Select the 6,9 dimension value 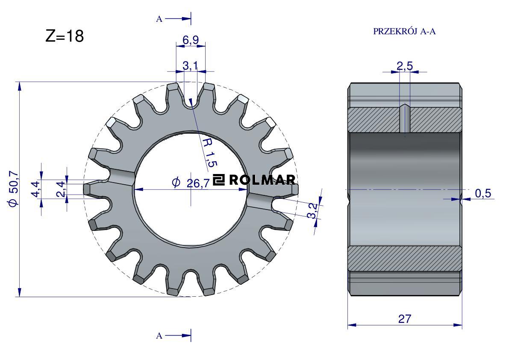(191, 40)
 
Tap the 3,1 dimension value (190, 66)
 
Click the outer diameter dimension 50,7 (14, 188)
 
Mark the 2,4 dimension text (62, 189)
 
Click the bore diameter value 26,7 (198, 183)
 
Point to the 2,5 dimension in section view (404, 66)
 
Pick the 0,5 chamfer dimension (483, 194)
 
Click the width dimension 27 (404, 319)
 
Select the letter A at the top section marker (159, 19)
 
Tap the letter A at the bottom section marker (159, 336)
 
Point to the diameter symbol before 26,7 (175, 183)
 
